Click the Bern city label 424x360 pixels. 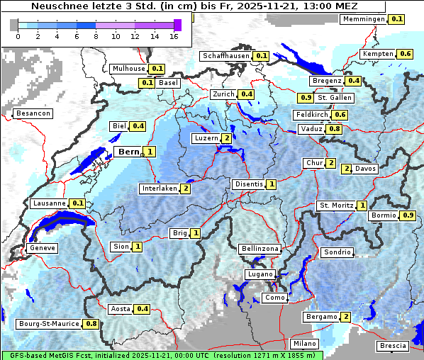pos(128,152)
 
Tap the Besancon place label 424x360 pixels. pos(33,113)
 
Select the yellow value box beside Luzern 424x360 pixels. pos(225,138)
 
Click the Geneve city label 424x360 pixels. pos(42,248)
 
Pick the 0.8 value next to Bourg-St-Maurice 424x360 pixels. pos(91,324)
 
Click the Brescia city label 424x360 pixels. pos(394,345)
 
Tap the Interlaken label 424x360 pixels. pos(159,189)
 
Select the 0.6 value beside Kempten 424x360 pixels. pos(406,54)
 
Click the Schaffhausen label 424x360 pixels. pos(225,55)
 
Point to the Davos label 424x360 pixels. pos(366,169)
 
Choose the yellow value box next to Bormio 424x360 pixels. pos(408,215)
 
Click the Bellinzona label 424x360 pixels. pos(260,249)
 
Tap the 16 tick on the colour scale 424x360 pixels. pos(174,36)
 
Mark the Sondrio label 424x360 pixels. pos(337,252)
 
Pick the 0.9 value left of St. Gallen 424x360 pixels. pos(306,98)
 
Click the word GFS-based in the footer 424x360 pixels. pos(27,355)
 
